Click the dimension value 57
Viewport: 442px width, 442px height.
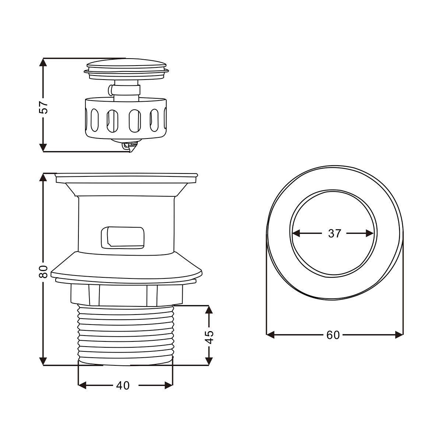click(43, 107)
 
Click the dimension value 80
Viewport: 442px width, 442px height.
click(43, 271)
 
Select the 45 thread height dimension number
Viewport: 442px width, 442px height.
click(209, 337)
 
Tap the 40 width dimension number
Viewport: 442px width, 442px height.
click(123, 385)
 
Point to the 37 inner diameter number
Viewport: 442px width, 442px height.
click(335, 234)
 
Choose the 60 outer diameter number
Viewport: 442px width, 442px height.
click(333, 335)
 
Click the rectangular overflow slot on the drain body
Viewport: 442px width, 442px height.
click(123, 238)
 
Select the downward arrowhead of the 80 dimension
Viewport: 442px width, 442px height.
click(43, 361)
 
